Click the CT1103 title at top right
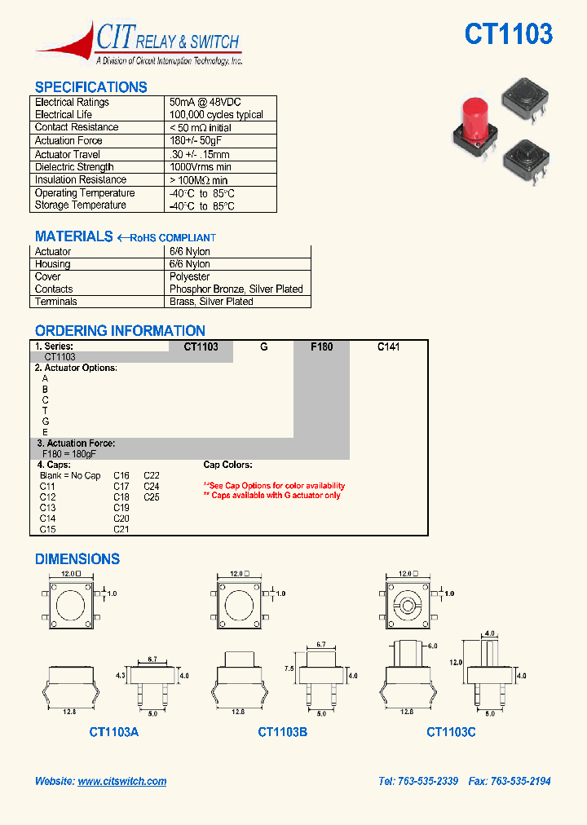508,34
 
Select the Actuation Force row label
68,141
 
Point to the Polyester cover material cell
190,277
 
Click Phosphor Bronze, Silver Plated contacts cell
236,289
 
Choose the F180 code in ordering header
322,346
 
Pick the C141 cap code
388,346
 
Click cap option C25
152,497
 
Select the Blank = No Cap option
70,476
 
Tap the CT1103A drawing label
114,732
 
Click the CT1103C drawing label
451,732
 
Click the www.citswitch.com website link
122,781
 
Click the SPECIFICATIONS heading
91,87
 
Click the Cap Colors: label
227,465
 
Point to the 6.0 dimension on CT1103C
432,646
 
